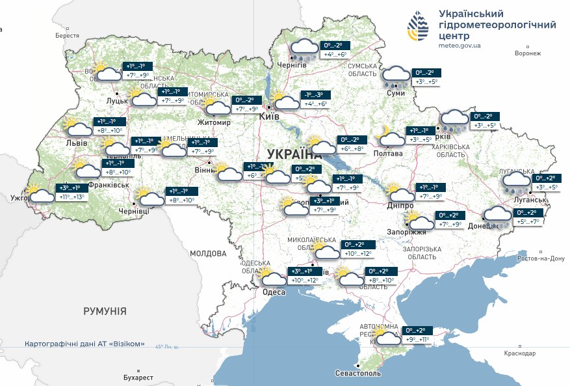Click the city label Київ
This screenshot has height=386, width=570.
pos(269,116)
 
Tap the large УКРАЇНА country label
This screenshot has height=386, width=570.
pos(294,154)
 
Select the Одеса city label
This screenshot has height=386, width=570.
pos(274,292)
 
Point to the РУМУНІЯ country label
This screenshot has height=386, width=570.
pos(105,311)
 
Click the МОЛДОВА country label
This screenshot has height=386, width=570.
pos(208,253)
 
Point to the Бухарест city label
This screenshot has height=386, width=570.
pos(138,378)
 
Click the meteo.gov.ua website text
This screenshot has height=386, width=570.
pos(460,46)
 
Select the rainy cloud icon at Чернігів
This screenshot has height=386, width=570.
pos(302,50)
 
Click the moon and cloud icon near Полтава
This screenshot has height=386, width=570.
pos(390,137)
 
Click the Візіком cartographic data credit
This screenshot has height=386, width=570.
pos(84,344)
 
